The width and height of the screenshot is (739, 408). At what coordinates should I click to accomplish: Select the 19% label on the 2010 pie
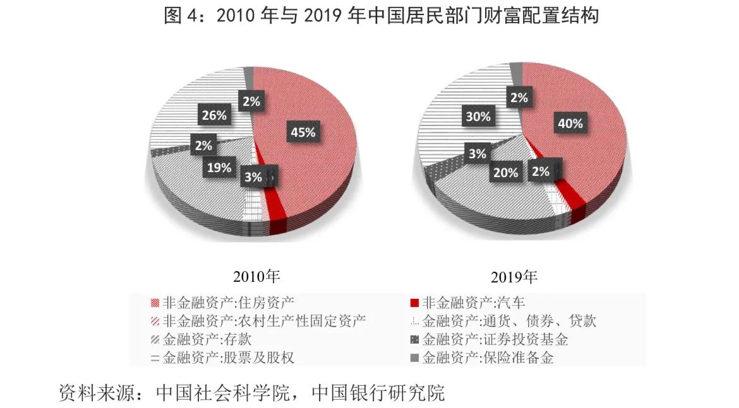click(218, 168)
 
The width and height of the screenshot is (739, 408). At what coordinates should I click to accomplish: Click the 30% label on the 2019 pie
click(478, 117)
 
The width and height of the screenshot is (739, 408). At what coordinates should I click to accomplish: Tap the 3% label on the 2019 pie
click(477, 153)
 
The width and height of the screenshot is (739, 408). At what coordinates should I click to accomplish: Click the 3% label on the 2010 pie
click(253, 178)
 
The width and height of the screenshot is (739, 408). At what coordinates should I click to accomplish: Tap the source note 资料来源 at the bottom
click(251, 392)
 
